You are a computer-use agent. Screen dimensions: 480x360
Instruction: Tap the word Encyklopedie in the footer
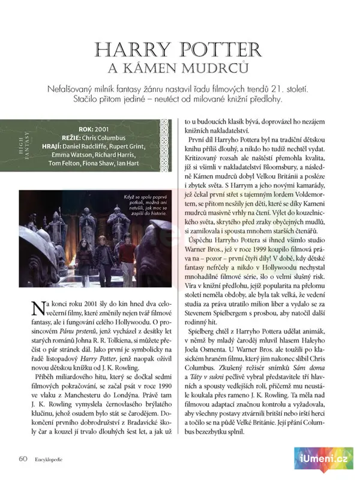point(49,459)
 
